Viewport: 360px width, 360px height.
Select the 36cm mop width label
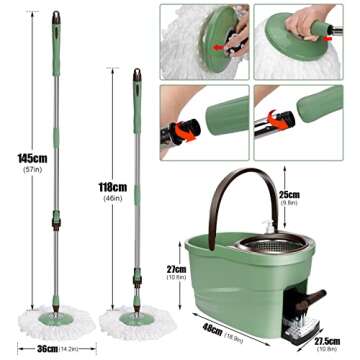(41, 349)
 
